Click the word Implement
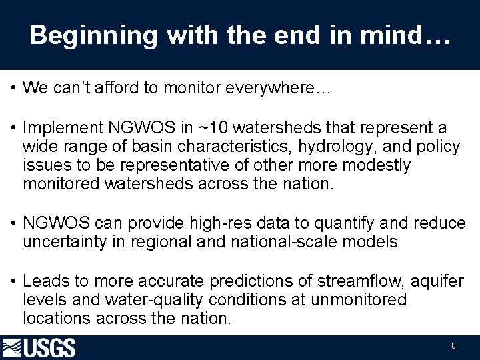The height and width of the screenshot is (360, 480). tap(63, 127)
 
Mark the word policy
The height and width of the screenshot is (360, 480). tap(437, 146)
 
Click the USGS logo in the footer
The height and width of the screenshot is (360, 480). tap(39, 348)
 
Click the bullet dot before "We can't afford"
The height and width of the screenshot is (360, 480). tap(13, 87)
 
